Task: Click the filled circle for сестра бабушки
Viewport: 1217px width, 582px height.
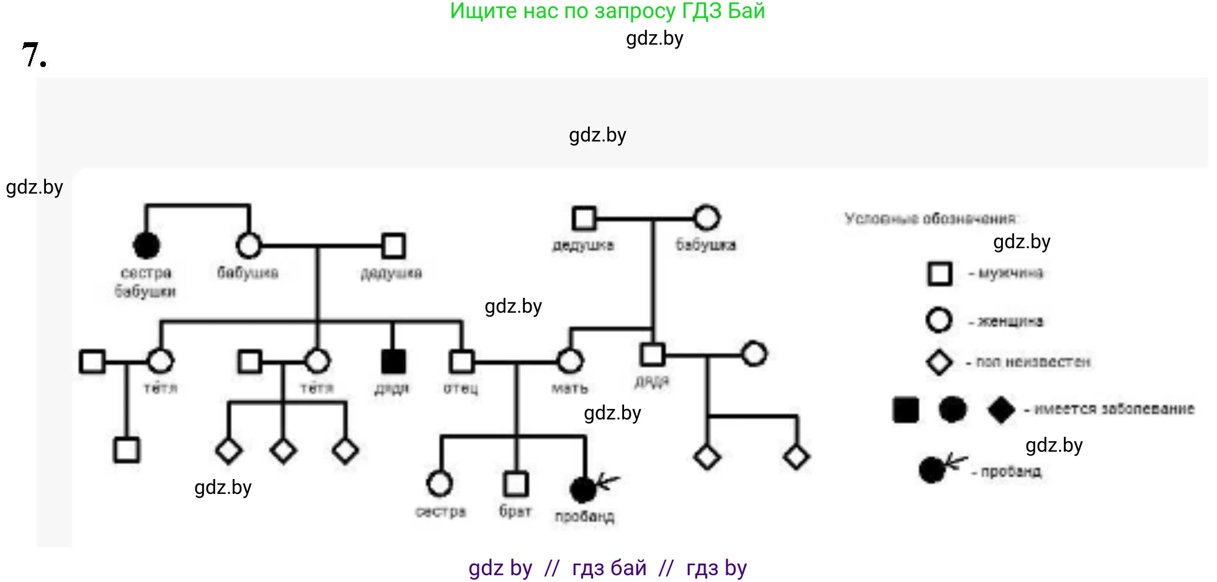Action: pos(146,246)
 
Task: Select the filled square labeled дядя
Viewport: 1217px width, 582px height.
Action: pos(393,361)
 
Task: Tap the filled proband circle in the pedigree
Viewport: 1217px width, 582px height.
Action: pos(582,490)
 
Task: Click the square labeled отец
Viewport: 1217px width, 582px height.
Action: pos(461,361)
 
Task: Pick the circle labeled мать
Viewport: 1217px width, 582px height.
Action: pos(570,361)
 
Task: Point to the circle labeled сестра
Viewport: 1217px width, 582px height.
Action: pos(440,484)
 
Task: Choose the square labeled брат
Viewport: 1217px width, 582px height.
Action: pos(515,484)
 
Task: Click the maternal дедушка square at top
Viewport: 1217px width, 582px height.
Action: pos(584,218)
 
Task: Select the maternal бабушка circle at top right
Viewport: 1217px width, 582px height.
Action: pos(707,218)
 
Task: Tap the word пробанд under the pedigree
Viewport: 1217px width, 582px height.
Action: pos(584,516)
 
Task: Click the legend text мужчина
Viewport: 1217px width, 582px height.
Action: pos(1010,273)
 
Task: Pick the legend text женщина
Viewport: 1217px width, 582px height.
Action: pos(1010,321)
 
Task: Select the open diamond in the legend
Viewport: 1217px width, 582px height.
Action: pos(939,362)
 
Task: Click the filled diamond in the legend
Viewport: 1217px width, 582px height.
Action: pos(1001,410)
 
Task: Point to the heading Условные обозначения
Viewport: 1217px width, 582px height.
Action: pos(930,218)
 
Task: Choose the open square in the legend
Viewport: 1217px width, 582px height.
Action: pos(940,274)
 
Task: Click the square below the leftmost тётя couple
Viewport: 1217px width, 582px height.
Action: pos(127,450)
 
